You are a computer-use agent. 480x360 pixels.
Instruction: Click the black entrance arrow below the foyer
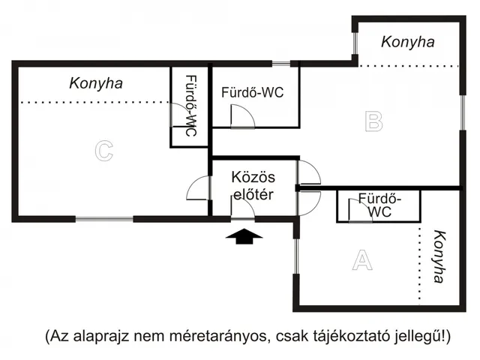(x=244, y=237)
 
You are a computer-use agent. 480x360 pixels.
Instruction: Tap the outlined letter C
(x=103, y=151)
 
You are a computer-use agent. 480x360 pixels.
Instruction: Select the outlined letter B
(x=373, y=121)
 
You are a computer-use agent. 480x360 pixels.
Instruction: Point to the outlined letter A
(x=362, y=260)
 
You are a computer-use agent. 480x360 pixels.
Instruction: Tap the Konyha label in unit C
(x=95, y=83)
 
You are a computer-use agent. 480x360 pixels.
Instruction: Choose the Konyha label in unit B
(x=407, y=42)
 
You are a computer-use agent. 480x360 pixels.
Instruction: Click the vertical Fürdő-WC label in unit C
(x=190, y=106)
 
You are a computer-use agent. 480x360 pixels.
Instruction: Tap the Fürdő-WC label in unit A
(x=380, y=205)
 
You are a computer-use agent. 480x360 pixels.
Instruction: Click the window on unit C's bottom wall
(x=104, y=219)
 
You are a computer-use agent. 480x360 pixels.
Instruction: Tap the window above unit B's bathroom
(x=280, y=63)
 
